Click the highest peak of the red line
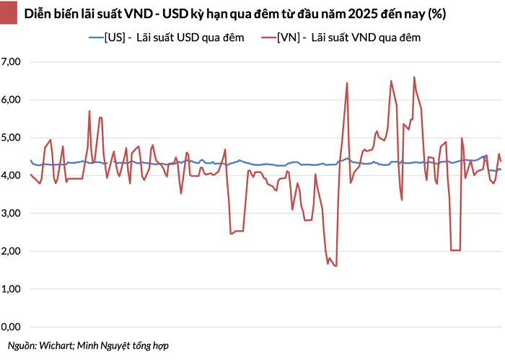click(414, 77)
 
